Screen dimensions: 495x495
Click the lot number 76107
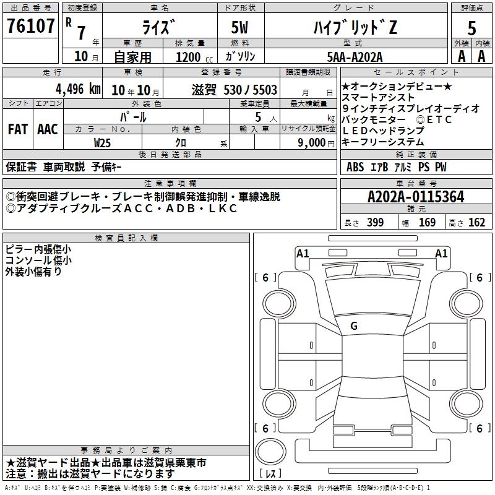pyautogui.click(x=30, y=25)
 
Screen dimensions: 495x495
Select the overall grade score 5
pyautogui.click(x=471, y=28)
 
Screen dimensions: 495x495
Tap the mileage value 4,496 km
pyautogui.click(x=79, y=89)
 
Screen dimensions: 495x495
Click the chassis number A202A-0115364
pyautogui.click(x=416, y=197)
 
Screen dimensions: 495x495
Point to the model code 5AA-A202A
pyautogui.click(x=355, y=57)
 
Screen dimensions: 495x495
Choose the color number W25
pyautogui.click(x=102, y=143)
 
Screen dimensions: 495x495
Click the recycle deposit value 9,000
pyautogui.click(x=312, y=142)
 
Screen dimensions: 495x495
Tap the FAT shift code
pyautogui.click(x=18, y=129)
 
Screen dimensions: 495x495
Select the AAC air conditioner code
pyautogui.click(x=48, y=129)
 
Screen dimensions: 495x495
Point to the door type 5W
pyautogui.click(x=239, y=27)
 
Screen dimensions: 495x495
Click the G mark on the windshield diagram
pyautogui.click(x=354, y=326)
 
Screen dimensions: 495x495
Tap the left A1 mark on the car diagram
pyautogui.click(x=303, y=254)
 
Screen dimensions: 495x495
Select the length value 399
pyautogui.click(x=375, y=222)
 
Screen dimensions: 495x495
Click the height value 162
pyautogui.click(x=476, y=222)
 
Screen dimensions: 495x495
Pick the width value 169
pyautogui.click(x=427, y=222)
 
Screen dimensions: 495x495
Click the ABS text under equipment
pyautogui.click(x=355, y=167)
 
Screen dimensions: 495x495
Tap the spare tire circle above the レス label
pyautogui.click(x=270, y=452)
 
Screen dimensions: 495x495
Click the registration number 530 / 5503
pyautogui.click(x=251, y=90)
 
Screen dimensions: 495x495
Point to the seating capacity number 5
pyautogui.click(x=258, y=117)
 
